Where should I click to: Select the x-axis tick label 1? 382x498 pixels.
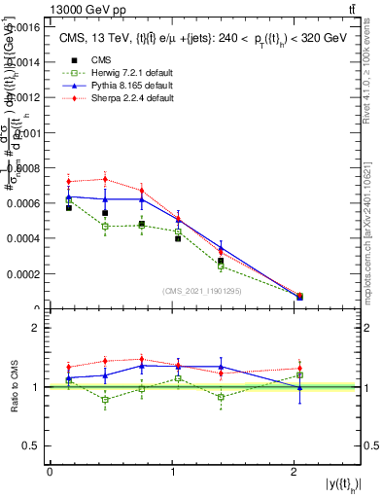172,472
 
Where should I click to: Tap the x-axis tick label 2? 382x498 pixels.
294,472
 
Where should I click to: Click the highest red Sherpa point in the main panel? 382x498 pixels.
105,179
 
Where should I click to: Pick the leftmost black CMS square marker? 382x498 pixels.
68,208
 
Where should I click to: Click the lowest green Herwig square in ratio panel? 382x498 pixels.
105,400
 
